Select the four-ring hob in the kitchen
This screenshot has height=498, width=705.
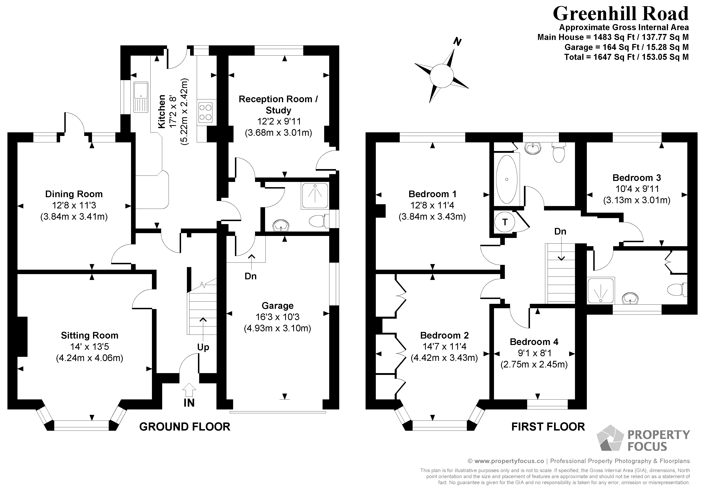tap(205, 112)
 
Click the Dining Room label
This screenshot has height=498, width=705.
tap(74, 194)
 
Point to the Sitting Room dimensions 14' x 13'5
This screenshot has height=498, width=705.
tap(89, 347)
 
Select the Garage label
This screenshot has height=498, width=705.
tap(277, 306)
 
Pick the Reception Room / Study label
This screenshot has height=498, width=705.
tap(278, 105)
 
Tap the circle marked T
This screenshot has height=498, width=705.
tap(505, 222)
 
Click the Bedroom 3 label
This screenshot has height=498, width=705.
tap(636, 178)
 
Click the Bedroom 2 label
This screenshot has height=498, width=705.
tap(444, 335)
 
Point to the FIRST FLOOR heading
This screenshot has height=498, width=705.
tap(548, 427)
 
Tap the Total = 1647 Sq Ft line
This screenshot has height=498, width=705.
tap(626, 57)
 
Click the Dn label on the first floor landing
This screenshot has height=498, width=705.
tap(560, 231)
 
